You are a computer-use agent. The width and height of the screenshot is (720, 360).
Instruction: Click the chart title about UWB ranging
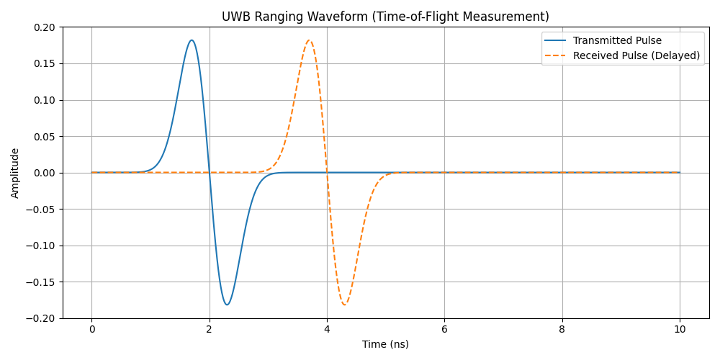point(385,17)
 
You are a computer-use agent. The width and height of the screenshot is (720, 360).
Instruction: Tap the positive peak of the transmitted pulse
point(192,40)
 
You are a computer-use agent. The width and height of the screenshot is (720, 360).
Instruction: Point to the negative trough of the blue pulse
point(227,305)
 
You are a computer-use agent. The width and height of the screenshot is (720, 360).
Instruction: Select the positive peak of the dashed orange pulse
point(310,40)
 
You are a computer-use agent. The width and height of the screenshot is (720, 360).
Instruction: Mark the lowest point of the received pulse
point(345,305)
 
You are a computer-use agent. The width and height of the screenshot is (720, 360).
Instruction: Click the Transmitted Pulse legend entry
point(617,40)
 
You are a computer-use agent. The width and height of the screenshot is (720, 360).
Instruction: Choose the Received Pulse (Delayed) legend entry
point(636,55)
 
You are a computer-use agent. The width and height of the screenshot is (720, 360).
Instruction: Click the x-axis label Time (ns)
point(385,344)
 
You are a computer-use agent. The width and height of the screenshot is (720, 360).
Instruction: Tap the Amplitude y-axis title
point(15,173)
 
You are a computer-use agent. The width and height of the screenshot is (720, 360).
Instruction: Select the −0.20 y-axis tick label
point(42,318)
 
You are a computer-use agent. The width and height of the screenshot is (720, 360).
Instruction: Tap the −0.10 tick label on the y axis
point(42,246)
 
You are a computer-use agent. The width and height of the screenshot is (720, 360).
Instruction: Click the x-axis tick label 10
point(680,329)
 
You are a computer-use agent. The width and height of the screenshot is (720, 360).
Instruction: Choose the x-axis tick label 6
point(444,329)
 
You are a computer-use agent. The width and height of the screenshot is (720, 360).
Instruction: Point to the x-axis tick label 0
point(91,329)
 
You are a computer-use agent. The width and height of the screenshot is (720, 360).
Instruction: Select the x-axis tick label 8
point(562,329)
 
